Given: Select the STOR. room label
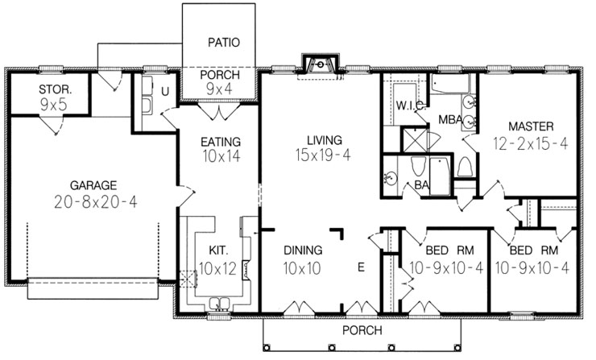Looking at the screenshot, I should (x=55, y=86).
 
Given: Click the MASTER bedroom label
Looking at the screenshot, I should (x=530, y=126).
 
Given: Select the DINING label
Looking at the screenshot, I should (x=303, y=250).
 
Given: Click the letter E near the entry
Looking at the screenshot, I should (x=361, y=267).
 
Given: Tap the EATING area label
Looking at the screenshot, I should (x=220, y=142).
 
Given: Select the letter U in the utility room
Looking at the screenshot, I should (x=165, y=90).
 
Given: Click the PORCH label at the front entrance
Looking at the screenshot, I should (x=362, y=330).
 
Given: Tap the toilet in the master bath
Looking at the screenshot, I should (x=464, y=167).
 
